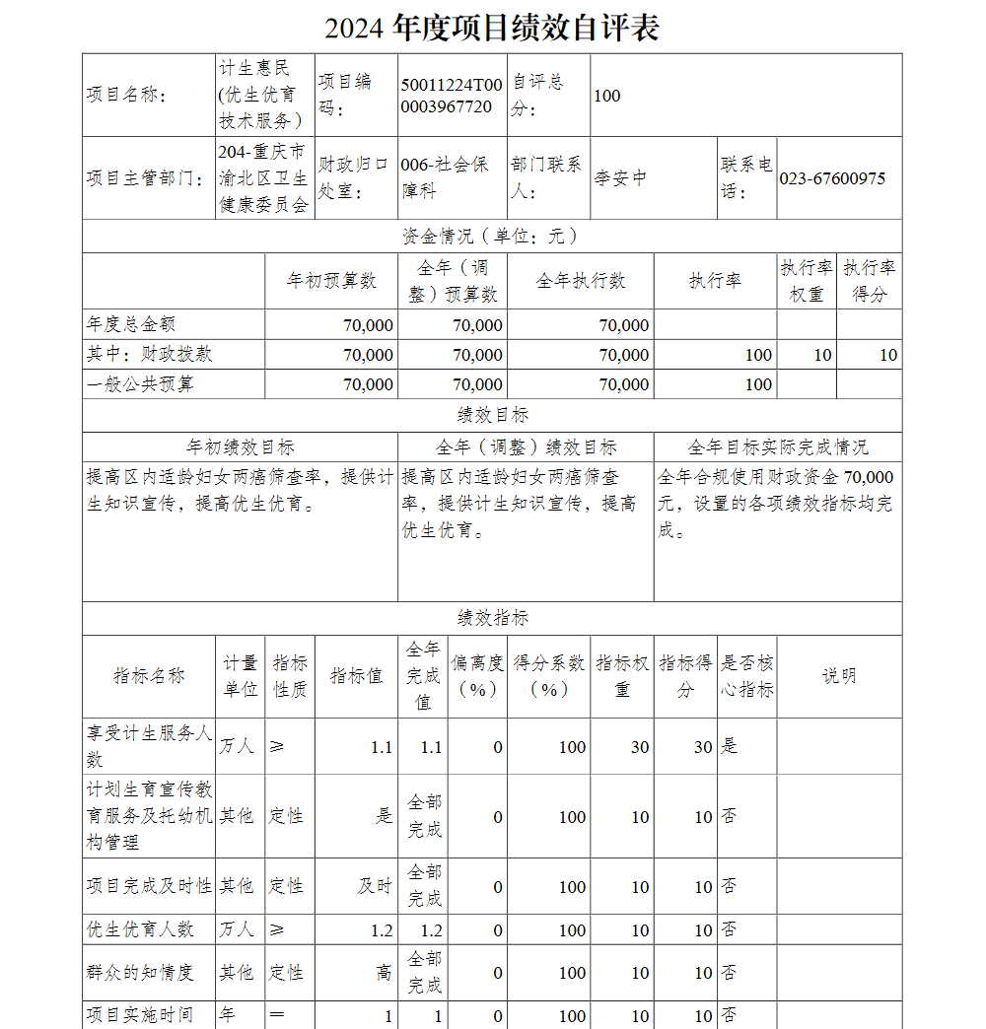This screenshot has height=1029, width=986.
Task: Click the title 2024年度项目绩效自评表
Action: [492, 28]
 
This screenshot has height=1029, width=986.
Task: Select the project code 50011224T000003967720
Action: [452, 96]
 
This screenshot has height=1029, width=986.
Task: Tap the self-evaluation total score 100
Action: [607, 96]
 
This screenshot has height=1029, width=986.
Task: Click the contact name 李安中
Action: [620, 178]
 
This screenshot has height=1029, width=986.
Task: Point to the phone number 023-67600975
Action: [832, 178]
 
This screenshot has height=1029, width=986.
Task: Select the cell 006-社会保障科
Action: [445, 178]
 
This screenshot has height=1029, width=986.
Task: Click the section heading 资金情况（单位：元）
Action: [491, 237]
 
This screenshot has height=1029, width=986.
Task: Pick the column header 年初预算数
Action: [331, 282]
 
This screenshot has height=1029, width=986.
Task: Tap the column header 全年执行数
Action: [580, 282]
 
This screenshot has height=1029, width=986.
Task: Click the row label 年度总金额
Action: [131, 324]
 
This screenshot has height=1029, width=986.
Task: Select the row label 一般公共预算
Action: [140, 383]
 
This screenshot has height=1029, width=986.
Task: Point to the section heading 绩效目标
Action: [492, 415]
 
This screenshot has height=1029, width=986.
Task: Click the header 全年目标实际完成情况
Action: [777, 447]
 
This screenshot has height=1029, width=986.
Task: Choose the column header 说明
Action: [839, 676]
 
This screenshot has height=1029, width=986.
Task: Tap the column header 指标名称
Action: [149, 676]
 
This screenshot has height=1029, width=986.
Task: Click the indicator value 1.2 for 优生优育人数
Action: [382, 930]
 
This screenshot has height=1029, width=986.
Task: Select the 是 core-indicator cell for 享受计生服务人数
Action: [730, 746]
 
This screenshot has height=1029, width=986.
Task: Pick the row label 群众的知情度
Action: [140, 973]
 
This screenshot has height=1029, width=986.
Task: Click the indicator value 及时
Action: [375, 886]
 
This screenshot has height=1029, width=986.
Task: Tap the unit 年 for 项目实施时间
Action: [228, 1015]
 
